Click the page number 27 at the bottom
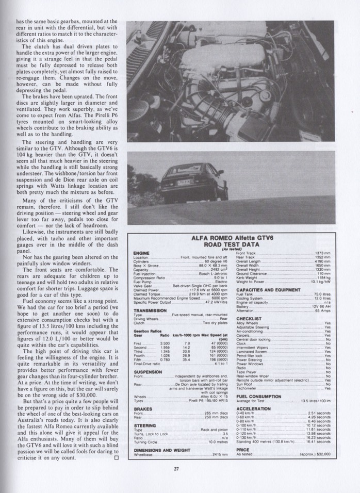point(176,468)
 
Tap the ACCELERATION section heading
point(254,408)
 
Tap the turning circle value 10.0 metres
point(217,442)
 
